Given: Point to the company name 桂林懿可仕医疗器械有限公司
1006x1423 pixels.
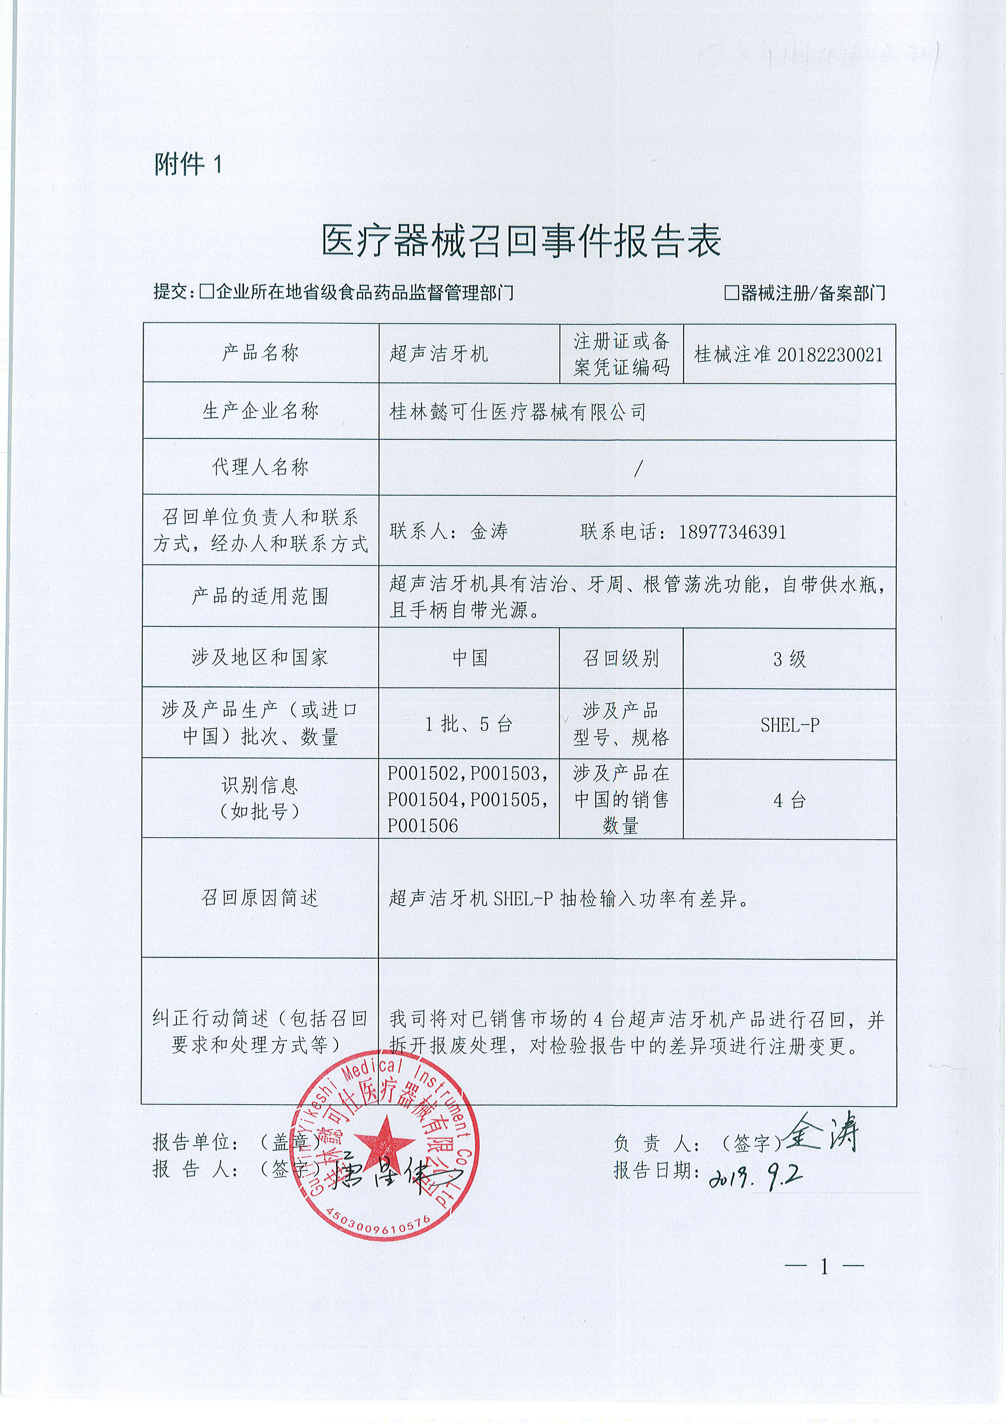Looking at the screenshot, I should pos(517,411).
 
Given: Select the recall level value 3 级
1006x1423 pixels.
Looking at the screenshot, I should pos(789,659).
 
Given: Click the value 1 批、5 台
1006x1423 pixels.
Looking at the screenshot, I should pos(468,724).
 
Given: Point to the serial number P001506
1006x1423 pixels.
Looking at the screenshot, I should pos(423,825).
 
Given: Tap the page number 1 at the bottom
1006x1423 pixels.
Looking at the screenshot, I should pos(824,1267).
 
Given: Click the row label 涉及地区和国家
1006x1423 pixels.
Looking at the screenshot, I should pos(260,657).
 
